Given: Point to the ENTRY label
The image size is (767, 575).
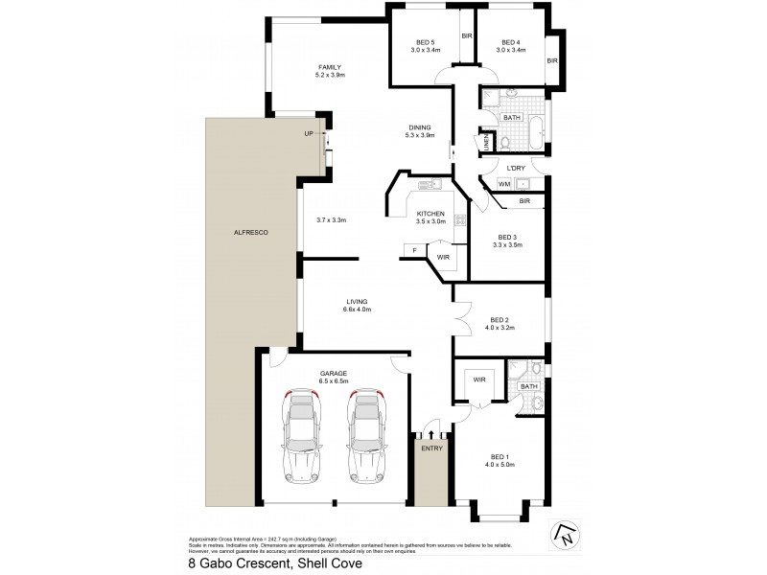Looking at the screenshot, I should pyautogui.click(x=430, y=447).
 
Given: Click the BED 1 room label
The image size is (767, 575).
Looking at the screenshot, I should pyautogui.click(x=500, y=456).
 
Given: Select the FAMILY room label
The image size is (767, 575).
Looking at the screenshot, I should pyautogui.click(x=331, y=67).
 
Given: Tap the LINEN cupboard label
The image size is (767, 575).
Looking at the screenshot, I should pyautogui.click(x=486, y=142).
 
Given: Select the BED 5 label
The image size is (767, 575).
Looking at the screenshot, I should pyautogui.click(x=425, y=41).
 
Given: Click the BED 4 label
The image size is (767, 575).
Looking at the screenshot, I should pyautogui.click(x=510, y=41).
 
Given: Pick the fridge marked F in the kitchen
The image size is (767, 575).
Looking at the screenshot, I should pyautogui.click(x=413, y=251).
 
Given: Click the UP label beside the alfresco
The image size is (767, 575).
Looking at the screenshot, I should pyautogui.click(x=309, y=134).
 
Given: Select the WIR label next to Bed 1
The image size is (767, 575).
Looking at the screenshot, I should pyautogui.click(x=478, y=379).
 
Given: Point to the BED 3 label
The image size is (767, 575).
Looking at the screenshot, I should pyautogui.click(x=509, y=237).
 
